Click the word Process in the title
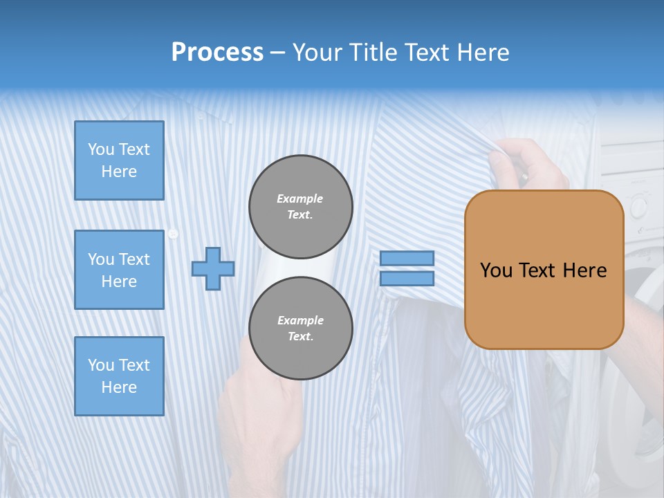click(x=217, y=53)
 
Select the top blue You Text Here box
click(x=119, y=160)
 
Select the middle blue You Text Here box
click(x=119, y=270)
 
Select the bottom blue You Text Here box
click(x=119, y=376)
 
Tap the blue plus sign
click(x=213, y=268)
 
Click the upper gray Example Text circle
click(x=300, y=207)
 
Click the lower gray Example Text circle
click(x=300, y=329)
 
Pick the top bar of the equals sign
click(x=407, y=258)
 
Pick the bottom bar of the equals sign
click(x=407, y=279)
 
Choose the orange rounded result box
click(x=544, y=270)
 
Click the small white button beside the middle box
click(x=173, y=234)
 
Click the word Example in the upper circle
click(x=300, y=199)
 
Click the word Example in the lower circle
click(x=300, y=320)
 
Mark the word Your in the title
click(x=317, y=53)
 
